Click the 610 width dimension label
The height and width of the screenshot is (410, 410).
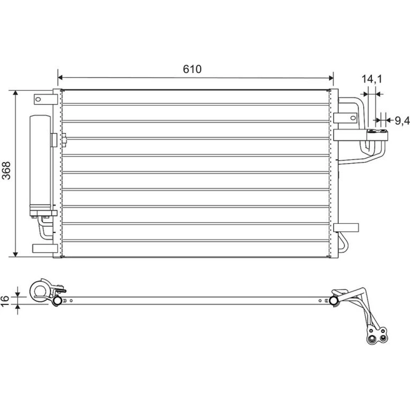click(192, 69)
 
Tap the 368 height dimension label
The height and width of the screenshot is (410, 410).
click(6, 171)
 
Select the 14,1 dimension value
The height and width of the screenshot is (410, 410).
click(371, 79)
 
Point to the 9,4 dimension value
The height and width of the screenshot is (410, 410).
click(402, 121)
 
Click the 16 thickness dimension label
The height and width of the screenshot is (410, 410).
click(5, 301)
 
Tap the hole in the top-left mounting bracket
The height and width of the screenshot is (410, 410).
click(38, 99)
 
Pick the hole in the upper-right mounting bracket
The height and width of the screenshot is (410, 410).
click(353, 118)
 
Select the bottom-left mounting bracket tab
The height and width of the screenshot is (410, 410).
click(45, 248)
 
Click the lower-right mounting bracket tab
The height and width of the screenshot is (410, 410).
click(346, 228)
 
